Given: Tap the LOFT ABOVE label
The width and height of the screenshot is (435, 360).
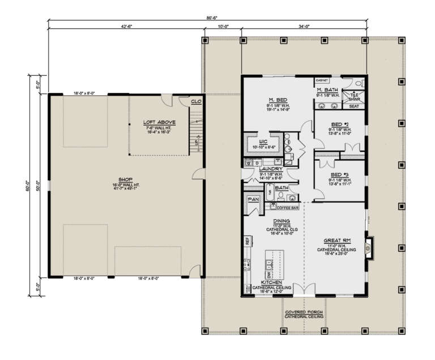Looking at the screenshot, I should pos(159,122).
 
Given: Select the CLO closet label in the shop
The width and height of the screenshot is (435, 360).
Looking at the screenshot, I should pos(196,102).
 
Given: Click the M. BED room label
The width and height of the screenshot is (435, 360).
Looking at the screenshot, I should pos(279,100).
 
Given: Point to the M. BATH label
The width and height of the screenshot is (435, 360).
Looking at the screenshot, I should pos(327,90).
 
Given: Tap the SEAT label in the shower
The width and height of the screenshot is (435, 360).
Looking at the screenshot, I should pos(354,106).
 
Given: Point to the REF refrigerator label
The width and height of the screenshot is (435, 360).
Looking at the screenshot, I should pos(248,241).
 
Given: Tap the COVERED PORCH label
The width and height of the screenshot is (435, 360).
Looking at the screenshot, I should pos(304,312).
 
